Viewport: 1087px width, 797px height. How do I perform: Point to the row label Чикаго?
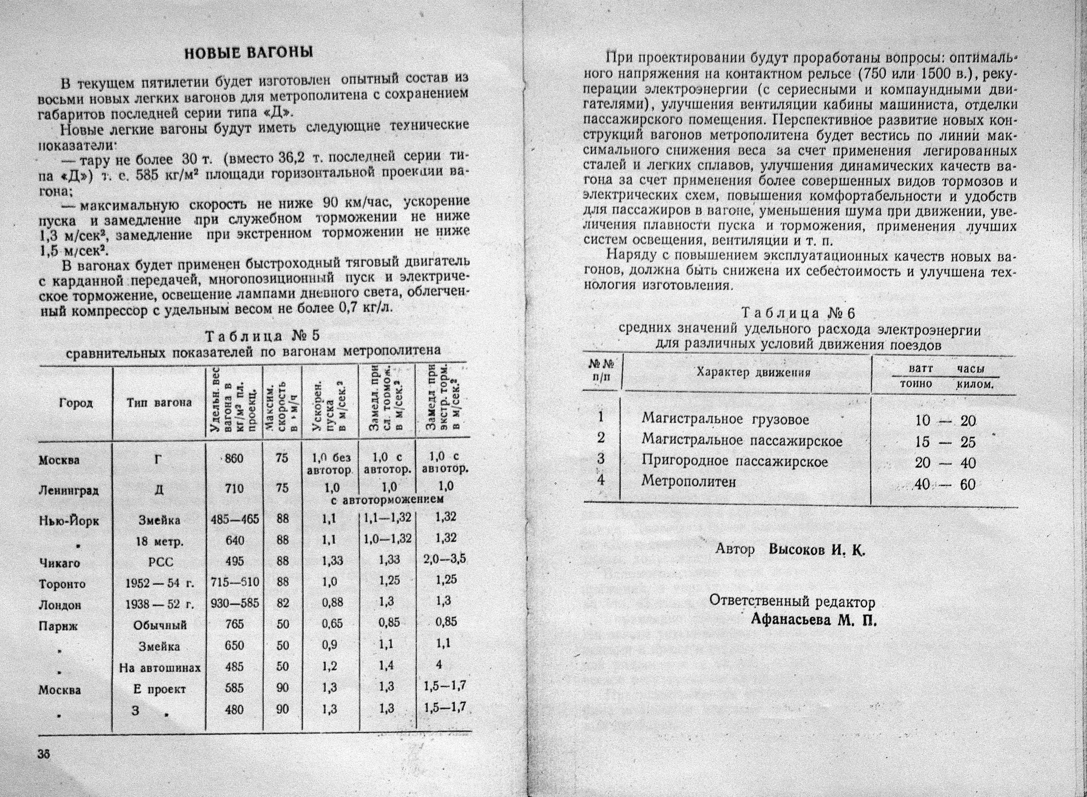(x=59, y=563)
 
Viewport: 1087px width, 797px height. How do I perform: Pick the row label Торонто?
(x=62, y=584)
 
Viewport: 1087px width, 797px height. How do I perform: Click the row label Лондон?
(x=60, y=604)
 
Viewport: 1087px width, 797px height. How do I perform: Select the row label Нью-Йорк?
(x=69, y=521)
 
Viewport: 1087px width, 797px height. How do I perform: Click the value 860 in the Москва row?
(x=234, y=459)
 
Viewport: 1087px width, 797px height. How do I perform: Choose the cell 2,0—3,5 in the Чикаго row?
(x=443, y=561)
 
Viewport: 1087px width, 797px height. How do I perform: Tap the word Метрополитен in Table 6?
(x=688, y=482)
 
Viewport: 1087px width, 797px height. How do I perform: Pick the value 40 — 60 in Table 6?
(x=945, y=484)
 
